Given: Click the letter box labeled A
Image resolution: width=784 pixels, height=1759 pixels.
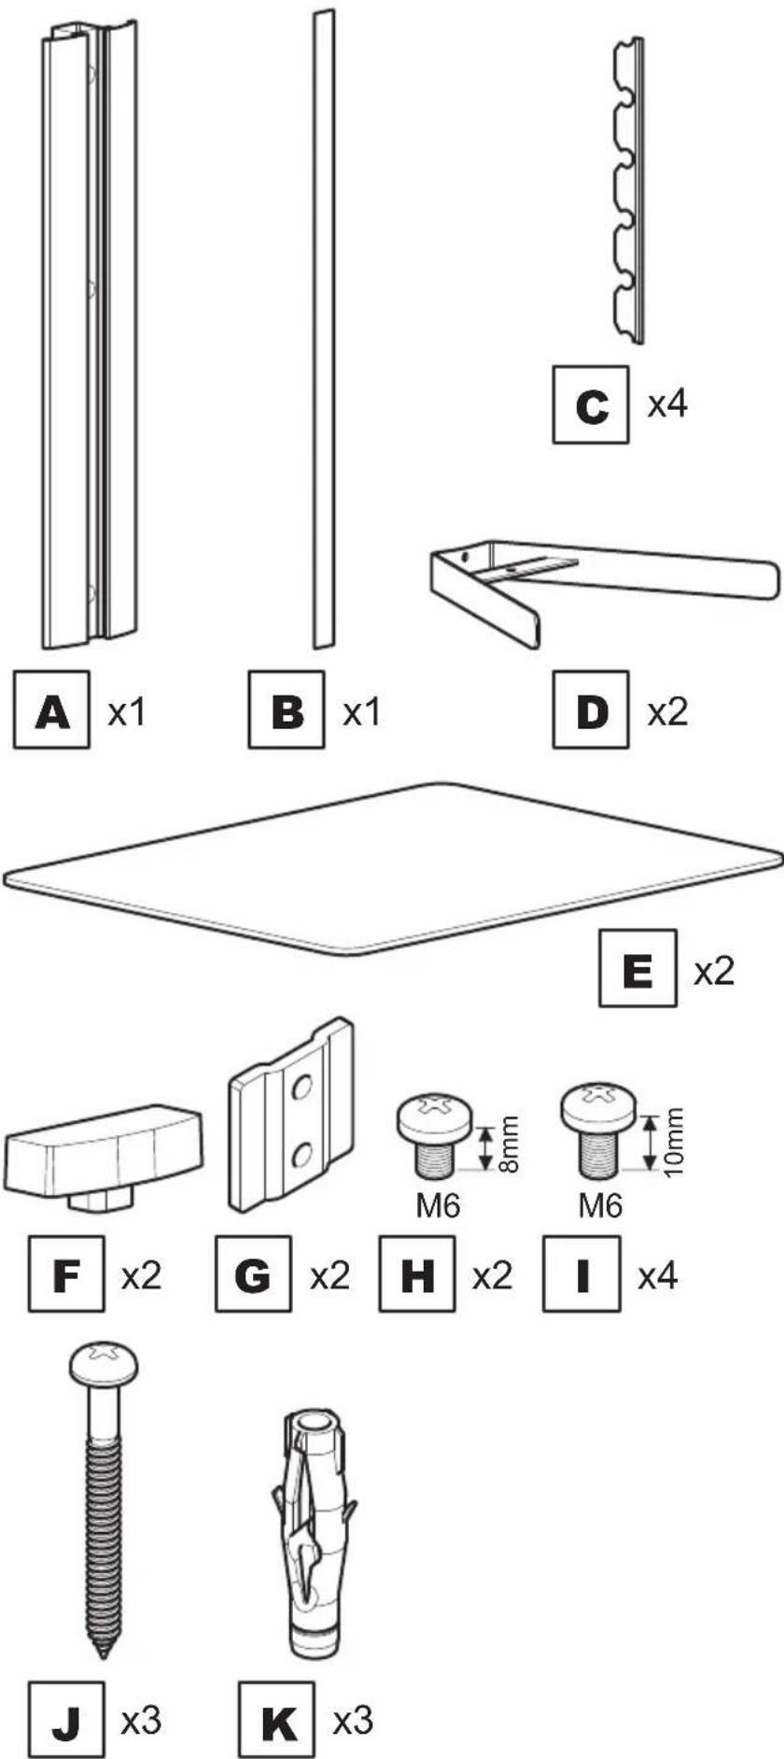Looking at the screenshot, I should point(52,710).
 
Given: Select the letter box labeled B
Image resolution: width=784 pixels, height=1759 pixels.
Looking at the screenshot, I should point(287,710).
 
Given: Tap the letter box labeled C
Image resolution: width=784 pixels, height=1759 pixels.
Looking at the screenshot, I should point(591,405).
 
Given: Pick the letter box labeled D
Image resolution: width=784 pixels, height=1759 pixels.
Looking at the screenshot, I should point(591,710).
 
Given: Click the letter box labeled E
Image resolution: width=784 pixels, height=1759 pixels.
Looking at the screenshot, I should point(637,968).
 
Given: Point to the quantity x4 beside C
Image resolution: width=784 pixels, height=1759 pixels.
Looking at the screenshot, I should point(668,404).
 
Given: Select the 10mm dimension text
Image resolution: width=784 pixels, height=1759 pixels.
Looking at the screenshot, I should point(674,1141).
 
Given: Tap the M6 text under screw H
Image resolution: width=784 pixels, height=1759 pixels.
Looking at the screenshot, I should point(438,1206).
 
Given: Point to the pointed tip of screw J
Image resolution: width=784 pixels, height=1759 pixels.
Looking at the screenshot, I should point(104,1653).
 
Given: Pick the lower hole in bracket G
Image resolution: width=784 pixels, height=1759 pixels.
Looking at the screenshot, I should point(301,1157).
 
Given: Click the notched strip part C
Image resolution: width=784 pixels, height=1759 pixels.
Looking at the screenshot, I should point(627,187).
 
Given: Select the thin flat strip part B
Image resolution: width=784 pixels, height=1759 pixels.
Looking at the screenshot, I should point(323,327).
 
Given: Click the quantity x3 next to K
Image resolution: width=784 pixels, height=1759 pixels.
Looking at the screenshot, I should point(353,1720).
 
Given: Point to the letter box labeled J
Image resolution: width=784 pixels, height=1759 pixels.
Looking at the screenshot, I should point(66,1720).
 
